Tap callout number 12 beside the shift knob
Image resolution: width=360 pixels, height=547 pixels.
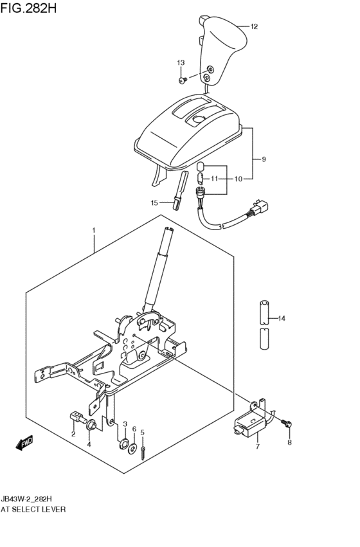tap(254, 26)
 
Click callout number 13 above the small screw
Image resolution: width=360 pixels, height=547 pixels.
tap(181, 62)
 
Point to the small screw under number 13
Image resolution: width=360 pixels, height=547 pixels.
tap(183, 80)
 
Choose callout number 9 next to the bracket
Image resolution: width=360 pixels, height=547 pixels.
tap(263, 159)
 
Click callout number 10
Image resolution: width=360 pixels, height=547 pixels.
tap(239, 179)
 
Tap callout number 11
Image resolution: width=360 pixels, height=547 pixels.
tap(215, 179)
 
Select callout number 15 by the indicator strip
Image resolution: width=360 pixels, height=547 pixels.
tap(154, 202)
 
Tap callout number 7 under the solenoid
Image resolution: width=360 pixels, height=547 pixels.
tap(256, 446)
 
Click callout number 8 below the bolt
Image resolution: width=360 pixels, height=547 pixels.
tap(289, 442)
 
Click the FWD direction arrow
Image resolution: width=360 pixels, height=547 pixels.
tap(24, 443)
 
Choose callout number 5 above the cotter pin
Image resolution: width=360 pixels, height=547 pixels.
tap(143, 433)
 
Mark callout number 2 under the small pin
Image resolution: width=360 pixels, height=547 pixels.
tap(73, 434)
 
